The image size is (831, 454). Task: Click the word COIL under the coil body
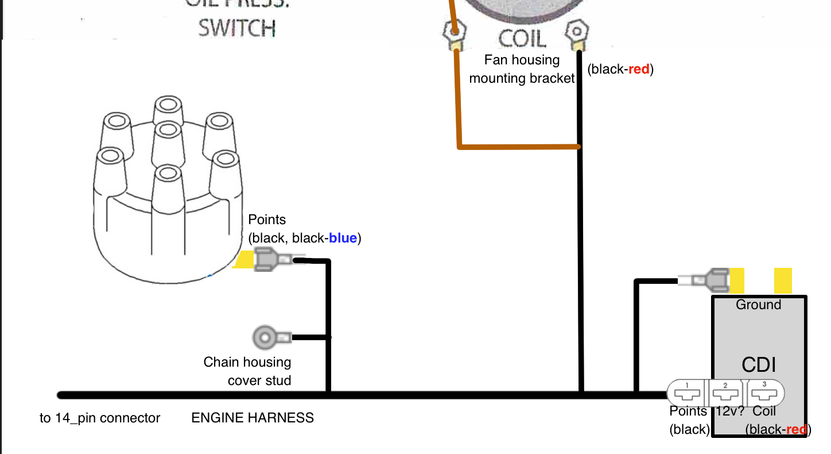tap(522, 38)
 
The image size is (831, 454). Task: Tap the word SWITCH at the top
tap(237, 28)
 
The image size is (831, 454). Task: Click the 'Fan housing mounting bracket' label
tap(522, 69)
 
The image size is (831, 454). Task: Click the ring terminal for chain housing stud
tap(266, 337)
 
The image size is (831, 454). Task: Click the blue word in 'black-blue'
tap(343, 238)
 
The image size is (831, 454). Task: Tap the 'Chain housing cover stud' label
tap(248, 371)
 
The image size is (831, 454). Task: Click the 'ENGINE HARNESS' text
tap(253, 418)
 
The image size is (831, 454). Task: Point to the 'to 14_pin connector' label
tap(100, 418)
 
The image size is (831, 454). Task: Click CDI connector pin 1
tap(688, 394)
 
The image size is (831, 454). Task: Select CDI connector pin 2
tap(725, 394)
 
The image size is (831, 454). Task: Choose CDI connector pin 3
tap(764, 394)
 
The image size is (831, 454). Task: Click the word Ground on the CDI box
tap(759, 305)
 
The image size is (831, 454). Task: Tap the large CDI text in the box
tap(759, 364)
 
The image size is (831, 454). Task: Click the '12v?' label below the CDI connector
tap(729, 411)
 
